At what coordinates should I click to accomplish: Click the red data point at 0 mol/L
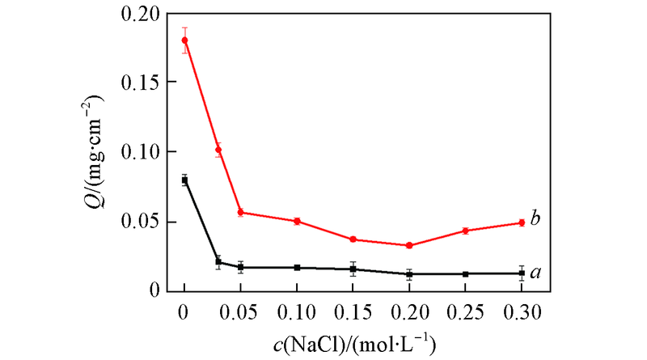(184, 40)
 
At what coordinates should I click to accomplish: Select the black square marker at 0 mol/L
(184, 180)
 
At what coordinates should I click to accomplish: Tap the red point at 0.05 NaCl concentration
(240, 212)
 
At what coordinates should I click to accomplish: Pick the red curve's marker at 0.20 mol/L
(409, 245)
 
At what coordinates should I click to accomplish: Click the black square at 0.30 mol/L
(522, 273)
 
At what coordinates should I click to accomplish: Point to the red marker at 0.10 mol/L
(297, 221)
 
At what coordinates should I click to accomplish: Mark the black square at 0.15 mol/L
(353, 269)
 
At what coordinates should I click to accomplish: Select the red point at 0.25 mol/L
(466, 231)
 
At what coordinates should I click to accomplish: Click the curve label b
(535, 218)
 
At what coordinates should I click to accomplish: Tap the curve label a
(535, 275)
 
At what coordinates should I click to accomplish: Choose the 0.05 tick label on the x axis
(240, 311)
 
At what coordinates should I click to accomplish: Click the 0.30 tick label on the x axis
(522, 311)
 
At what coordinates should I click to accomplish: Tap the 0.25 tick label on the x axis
(466, 311)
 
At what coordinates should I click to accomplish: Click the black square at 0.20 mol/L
(409, 274)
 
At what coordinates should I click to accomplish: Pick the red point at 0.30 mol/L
(522, 222)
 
